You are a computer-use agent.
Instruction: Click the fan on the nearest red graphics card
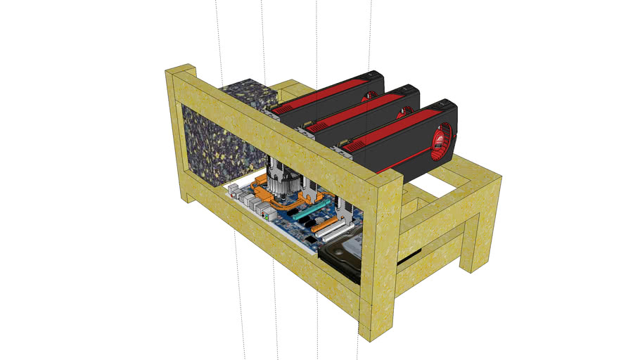coord(444,140)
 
